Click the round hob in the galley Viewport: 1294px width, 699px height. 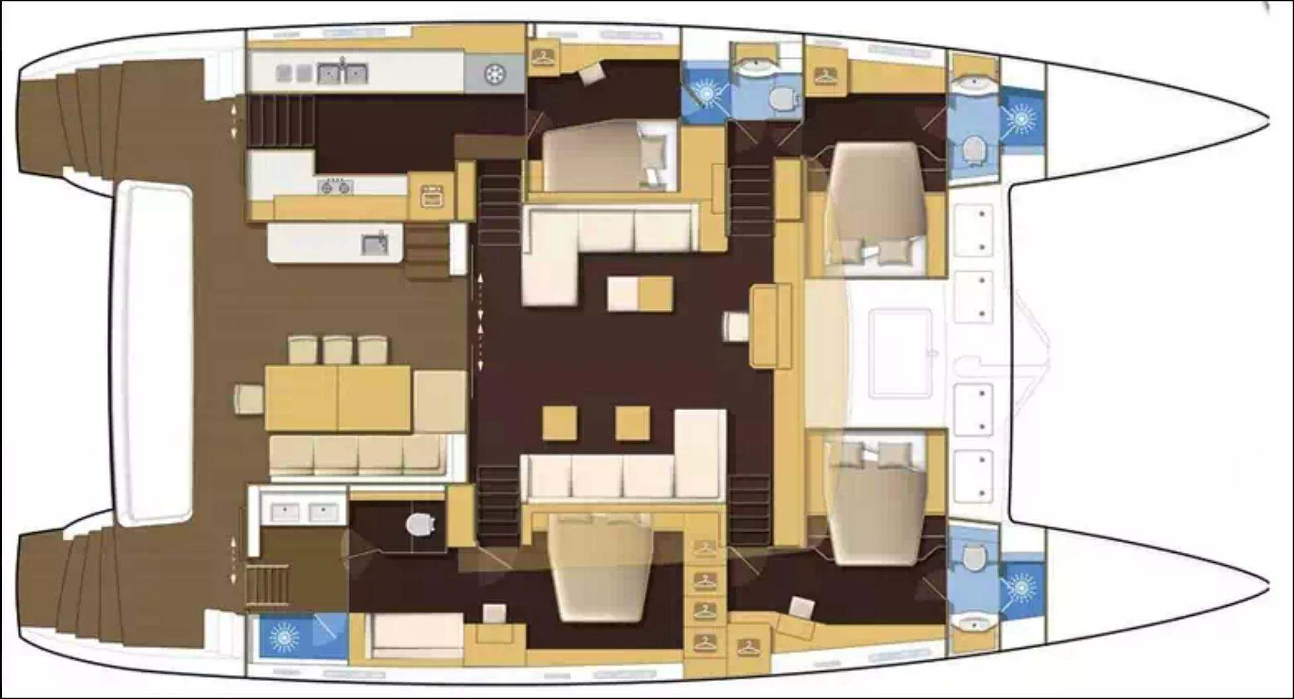pos(494,74)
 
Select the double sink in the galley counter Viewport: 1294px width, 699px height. pos(342,73)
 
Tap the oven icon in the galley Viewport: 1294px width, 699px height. pos(432,196)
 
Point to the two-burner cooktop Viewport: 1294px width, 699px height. pos(335,188)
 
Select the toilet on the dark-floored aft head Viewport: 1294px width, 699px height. pos(420,525)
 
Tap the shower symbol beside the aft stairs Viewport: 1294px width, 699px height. pos(285,637)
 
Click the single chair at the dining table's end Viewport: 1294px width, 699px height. pos(248,399)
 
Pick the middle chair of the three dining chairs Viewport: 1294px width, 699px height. pos(337,350)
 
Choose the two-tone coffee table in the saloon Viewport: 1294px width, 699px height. pos(639,294)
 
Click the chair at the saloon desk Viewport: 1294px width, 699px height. pos(735,326)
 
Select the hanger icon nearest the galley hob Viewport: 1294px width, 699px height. pos(544,56)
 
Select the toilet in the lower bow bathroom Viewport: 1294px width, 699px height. pos(971,557)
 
